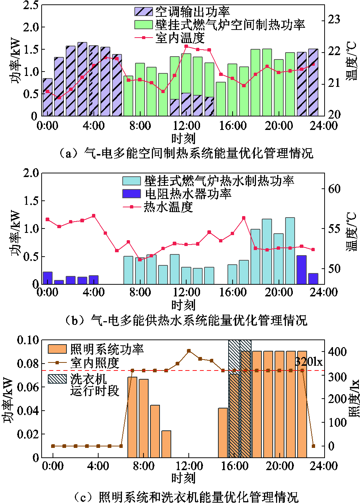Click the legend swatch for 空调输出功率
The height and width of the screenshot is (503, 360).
tap(143, 11)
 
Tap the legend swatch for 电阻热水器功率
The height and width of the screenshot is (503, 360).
tap(131, 193)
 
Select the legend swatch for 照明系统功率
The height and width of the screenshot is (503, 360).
tap(57, 349)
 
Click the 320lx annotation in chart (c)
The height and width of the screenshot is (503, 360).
tap(309, 362)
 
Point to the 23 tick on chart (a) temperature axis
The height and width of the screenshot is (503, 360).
tap(334, 19)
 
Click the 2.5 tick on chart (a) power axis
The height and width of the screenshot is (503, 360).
tap(31, 5)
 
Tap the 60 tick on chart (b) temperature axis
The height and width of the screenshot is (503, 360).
tap(334, 189)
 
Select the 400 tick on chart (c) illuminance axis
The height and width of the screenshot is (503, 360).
tap(337, 352)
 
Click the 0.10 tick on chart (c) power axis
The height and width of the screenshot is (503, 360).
tap(28, 340)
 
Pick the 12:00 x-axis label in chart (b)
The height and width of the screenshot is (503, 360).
tap(186, 292)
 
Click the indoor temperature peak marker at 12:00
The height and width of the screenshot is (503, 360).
tap(186, 46)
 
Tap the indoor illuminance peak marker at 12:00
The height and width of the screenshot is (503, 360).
tap(189, 351)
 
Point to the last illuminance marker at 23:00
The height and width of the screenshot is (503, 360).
tap(313, 446)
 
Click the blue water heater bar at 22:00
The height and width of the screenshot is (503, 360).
tap(301, 270)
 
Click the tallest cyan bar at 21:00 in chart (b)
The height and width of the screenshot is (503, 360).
tap(290, 251)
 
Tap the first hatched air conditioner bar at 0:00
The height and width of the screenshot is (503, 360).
tap(47, 97)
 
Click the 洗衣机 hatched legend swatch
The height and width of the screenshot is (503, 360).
tap(57, 379)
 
